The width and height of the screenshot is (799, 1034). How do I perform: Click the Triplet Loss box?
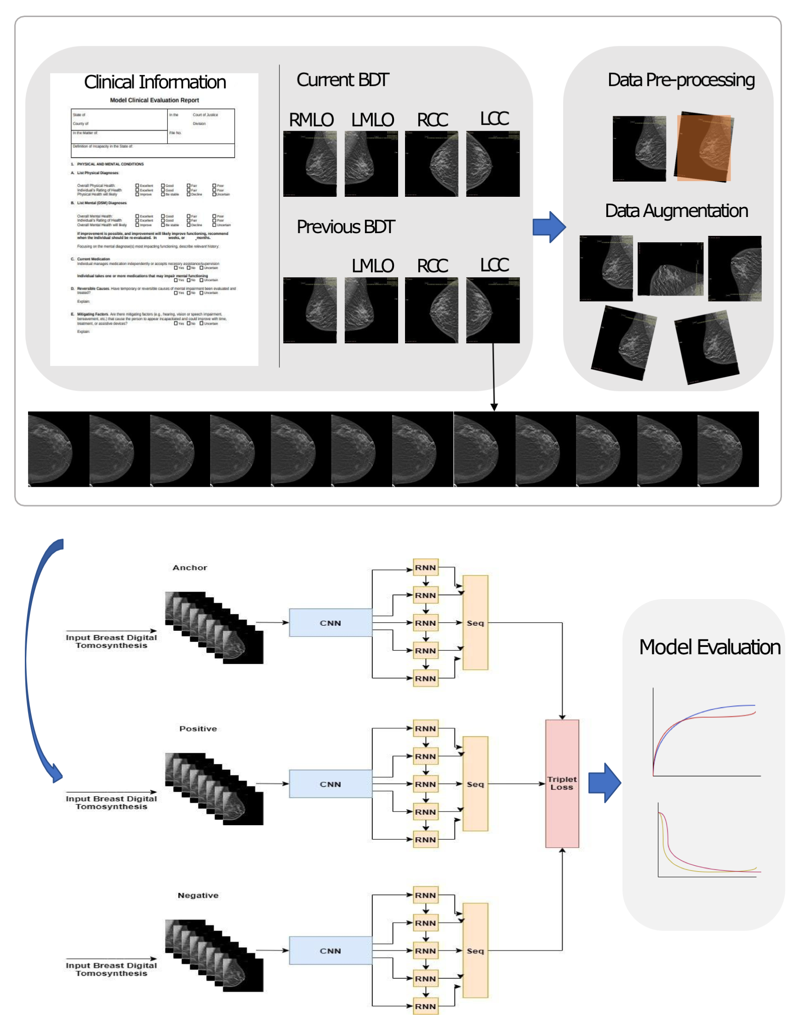[562, 783]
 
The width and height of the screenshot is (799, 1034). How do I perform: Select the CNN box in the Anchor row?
[331, 623]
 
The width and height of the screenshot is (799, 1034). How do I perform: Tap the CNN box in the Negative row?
[331, 951]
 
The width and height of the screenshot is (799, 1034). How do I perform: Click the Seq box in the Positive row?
[475, 784]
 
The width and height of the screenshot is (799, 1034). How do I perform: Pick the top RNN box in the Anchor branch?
[425, 567]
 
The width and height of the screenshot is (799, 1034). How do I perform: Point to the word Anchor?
[190, 567]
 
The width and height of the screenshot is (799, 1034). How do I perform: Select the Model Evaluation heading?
[709, 647]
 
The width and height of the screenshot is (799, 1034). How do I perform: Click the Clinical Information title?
[155, 82]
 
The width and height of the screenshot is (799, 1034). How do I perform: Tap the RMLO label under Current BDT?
[311, 120]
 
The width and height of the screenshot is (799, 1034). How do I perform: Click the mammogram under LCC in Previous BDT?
[492, 310]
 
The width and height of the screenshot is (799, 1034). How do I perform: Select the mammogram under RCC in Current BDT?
[431, 164]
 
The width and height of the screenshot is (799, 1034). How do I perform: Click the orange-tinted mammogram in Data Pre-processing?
[704, 147]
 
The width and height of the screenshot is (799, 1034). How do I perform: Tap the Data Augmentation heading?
[676, 211]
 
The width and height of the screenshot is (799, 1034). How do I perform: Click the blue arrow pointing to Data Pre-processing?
[549, 227]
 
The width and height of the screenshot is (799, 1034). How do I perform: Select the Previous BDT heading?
[345, 227]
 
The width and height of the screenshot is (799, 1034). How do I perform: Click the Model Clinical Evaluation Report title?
[154, 100]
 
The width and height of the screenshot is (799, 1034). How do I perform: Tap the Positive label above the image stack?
[198, 728]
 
